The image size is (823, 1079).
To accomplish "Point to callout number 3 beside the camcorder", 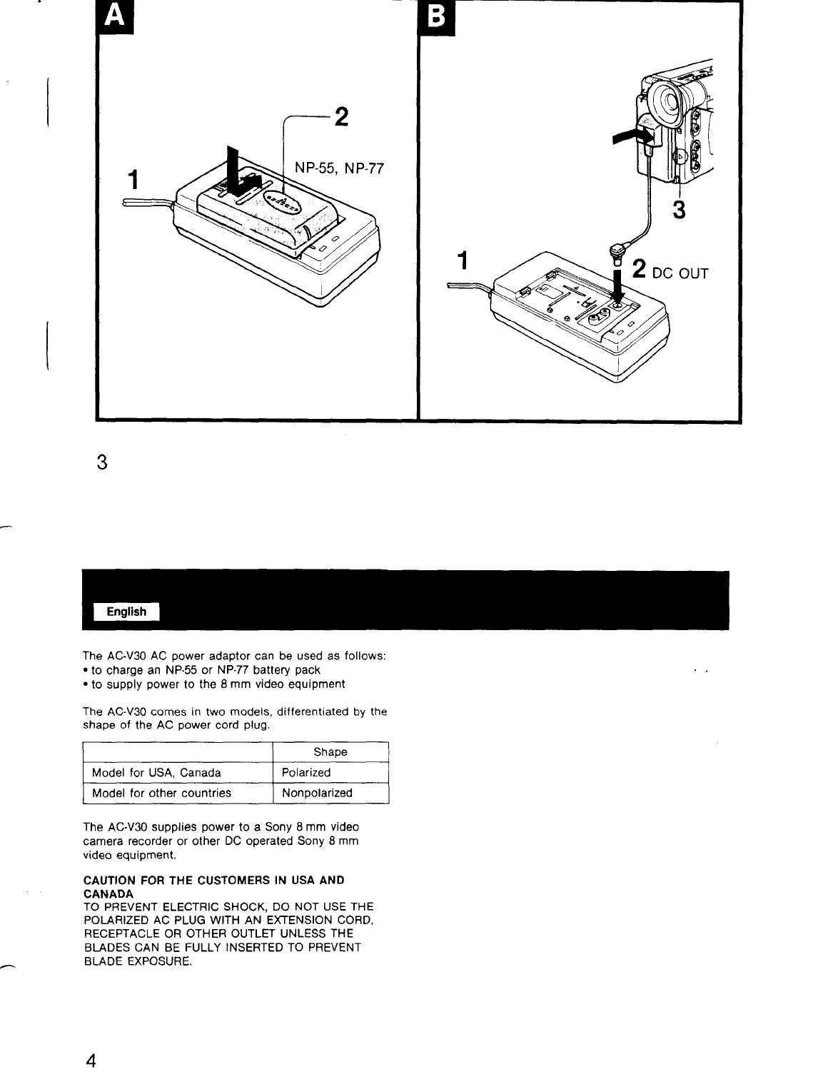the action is [x=680, y=210].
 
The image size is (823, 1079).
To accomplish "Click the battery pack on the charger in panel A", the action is [x=271, y=214].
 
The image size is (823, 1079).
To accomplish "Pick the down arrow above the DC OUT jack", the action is [x=618, y=282].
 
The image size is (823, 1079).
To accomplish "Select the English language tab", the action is [x=126, y=612].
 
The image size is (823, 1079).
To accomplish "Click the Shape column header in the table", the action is [x=330, y=752].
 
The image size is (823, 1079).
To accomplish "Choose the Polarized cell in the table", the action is [x=306, y=772].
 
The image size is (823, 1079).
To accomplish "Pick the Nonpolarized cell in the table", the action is [x=317, y=793].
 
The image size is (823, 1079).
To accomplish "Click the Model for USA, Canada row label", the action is [x=156, y=772].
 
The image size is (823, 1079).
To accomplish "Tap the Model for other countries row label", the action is [x=161, y=793].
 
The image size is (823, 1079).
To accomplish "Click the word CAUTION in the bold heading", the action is [x=108, y=880].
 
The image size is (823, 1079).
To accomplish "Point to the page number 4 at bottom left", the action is [x=91, y=1058].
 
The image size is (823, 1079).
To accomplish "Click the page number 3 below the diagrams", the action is [x=101, y=462].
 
